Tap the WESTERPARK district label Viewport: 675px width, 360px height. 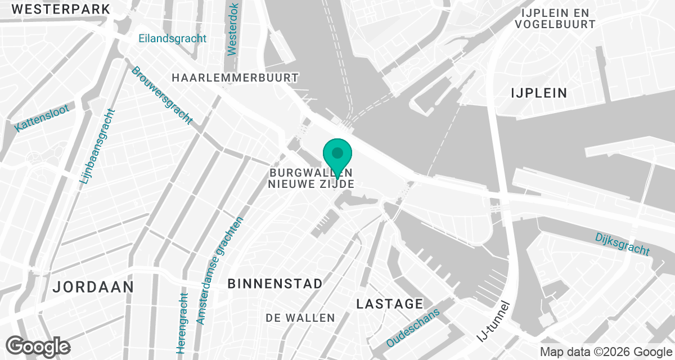(x=61, y=9)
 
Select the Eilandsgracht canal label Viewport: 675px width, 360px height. (x=173, y=39)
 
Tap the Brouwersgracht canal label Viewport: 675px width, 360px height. (x=162, y=95)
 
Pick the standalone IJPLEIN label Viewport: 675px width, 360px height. (x=539, y=93)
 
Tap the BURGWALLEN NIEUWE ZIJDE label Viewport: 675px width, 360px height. (x=311, y=178)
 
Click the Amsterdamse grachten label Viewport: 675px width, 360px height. (x=220, y=271)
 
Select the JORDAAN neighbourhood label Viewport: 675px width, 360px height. (x=93, y=287)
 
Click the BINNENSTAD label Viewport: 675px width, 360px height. (x=275, y=283)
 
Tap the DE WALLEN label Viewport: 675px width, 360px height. (x=300, y=318)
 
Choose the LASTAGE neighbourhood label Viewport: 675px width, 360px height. (x=389, y=304)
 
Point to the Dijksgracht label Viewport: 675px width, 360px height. (x=622, y=244)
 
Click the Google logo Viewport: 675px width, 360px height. (x=38, y=345)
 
